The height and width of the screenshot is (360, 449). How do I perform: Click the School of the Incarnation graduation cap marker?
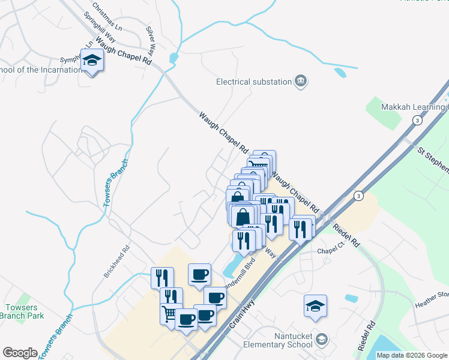tap(92, 61)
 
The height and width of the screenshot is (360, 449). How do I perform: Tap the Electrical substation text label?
tap(253, 82)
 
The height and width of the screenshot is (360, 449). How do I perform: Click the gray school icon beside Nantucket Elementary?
tap(322, 340)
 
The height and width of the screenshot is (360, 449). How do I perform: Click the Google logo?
tap(20, 353)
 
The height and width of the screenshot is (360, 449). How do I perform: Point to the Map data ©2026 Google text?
tap(412, 355)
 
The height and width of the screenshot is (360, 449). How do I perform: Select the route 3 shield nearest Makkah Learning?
tap(415, 121)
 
